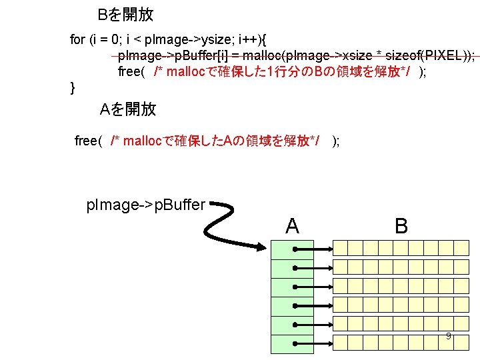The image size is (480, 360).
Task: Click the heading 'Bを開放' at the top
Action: (125, 15)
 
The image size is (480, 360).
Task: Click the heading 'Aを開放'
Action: (128, 109)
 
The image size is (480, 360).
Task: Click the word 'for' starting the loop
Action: (77, 39)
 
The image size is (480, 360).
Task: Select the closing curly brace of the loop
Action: (73, 87)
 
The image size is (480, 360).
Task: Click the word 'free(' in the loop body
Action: (131, 71)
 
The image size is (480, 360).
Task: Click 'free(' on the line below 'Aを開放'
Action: (88, 141)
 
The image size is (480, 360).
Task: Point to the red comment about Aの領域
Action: (214, 141)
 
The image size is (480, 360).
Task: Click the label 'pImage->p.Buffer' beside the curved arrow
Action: (146, 205)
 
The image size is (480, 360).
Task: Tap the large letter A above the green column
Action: (292, 226)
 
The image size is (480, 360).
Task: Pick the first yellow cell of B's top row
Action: (341, 249)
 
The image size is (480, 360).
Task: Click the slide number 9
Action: (449, 336)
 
